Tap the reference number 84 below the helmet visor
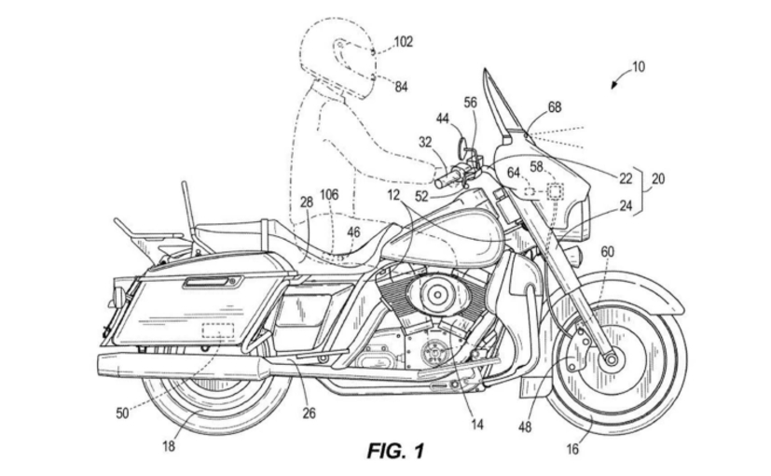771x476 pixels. point(401,87)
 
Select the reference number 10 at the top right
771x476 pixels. point(638,66)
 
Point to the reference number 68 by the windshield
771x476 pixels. point(555,107)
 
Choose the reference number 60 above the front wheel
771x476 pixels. point(607,251)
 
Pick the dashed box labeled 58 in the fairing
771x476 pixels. point(556,191)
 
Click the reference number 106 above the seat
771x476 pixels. point(329,194)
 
